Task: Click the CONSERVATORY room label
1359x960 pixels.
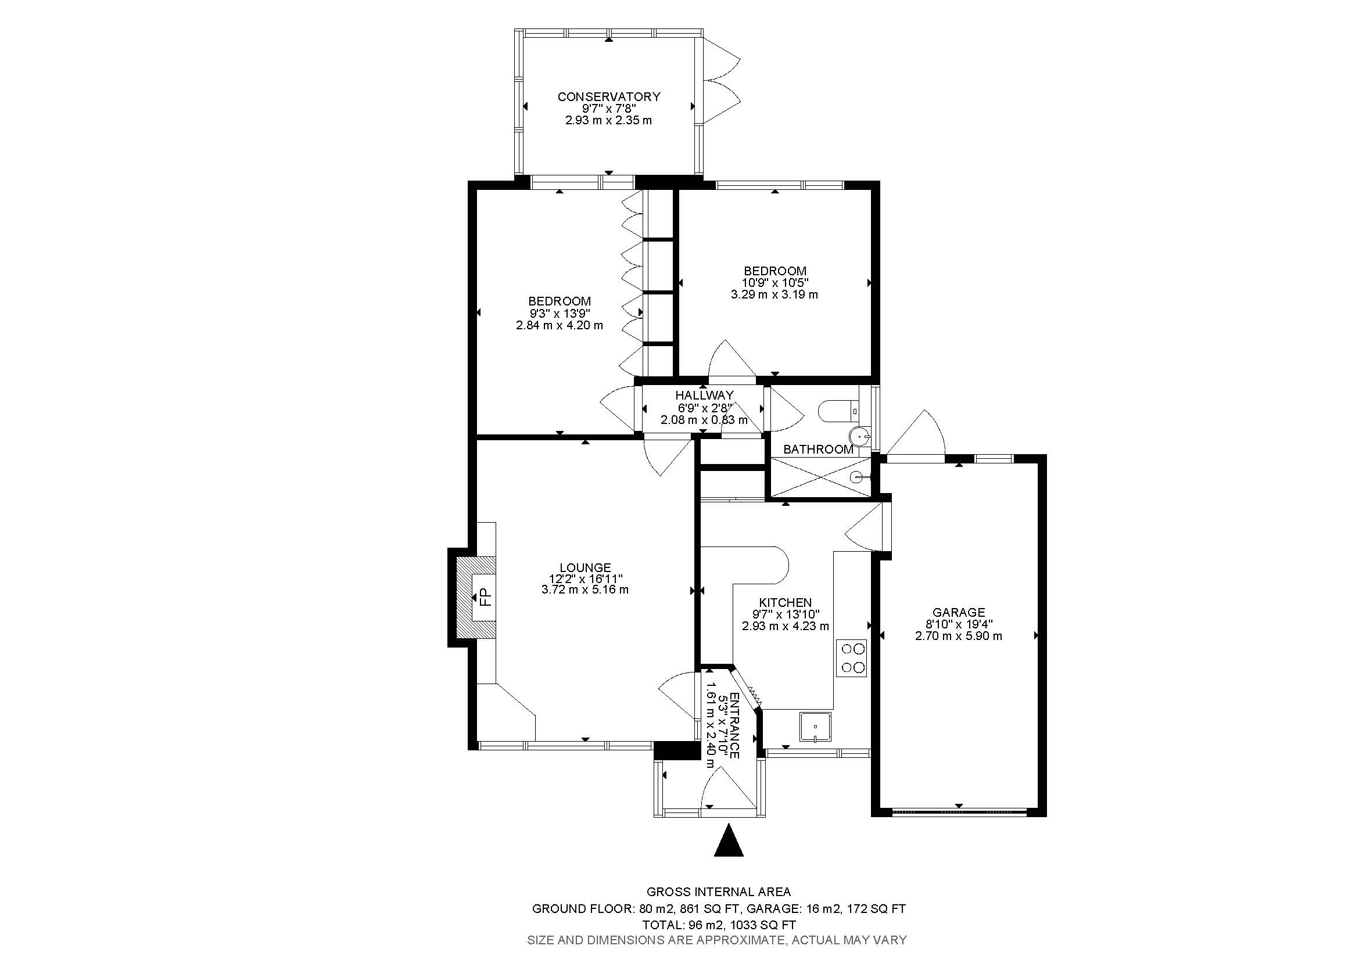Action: tap(608, 96)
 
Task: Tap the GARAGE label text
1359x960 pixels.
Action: tap(958, 612)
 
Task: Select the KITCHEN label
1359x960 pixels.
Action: tap(786, 602)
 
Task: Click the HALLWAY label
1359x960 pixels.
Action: tap(704, 395)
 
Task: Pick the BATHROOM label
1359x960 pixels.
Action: tap(818, 450)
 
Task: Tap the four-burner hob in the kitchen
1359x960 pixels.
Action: tap(851, 658)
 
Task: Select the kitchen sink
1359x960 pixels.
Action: tap(815, 728)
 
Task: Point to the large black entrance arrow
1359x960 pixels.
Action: tap(728, 842)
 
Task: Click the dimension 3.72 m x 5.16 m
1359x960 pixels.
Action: tap(585, 589)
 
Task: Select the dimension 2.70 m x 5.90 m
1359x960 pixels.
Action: tap(958, 637)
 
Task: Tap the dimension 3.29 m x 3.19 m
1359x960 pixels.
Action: tap(774, 294)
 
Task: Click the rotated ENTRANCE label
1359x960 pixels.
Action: tap(734, 726)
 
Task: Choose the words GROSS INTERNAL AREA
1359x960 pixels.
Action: tap(719, 892)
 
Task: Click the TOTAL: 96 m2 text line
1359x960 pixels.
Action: tap(719, 925)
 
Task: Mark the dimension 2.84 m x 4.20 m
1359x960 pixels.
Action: tap(560, 325)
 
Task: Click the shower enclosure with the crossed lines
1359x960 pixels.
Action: tap(819, 477)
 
